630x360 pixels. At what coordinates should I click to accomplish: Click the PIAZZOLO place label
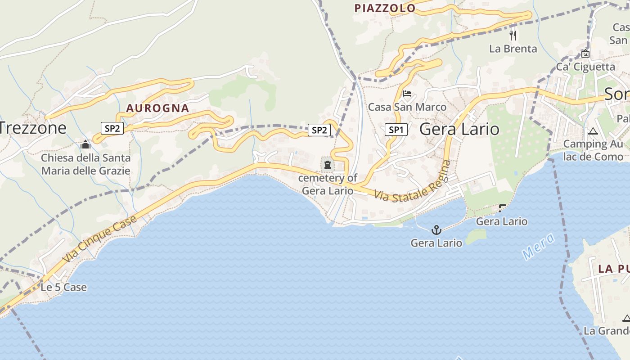coord(385,8)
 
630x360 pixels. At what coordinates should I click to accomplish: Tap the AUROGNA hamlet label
coord(157,108)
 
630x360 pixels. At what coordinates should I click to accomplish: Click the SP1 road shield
coord(396,130)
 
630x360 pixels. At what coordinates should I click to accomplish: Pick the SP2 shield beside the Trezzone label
coord(112,129)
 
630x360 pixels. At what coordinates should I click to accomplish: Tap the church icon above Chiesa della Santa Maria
coord(85,145)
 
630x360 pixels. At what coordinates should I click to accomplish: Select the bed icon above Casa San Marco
coord(407,94)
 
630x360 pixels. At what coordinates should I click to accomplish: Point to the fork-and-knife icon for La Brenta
coord(513,35)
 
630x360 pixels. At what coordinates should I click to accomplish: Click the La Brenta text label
coord(513,49)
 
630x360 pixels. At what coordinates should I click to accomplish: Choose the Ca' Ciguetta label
coord(585,67)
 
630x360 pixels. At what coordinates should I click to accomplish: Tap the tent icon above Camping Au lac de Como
coord(593,131)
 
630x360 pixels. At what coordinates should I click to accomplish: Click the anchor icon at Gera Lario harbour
coord(436,230)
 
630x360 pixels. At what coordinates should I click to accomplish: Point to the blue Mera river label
coord(538,247)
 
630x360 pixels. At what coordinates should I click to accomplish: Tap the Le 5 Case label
coord(64,287)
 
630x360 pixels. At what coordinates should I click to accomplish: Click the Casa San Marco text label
coord(407,107)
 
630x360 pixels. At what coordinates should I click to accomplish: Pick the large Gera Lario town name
coord(459,129)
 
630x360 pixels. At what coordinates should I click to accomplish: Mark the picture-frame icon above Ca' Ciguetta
coord(585,54)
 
